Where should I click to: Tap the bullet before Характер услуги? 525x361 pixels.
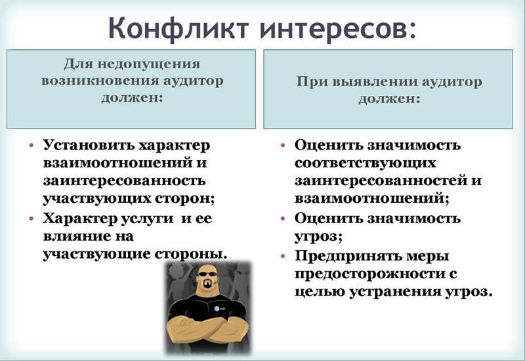point(31,219)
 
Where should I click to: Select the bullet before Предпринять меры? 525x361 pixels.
point(283,255)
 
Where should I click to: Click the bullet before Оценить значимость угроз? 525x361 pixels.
point(283,219)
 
